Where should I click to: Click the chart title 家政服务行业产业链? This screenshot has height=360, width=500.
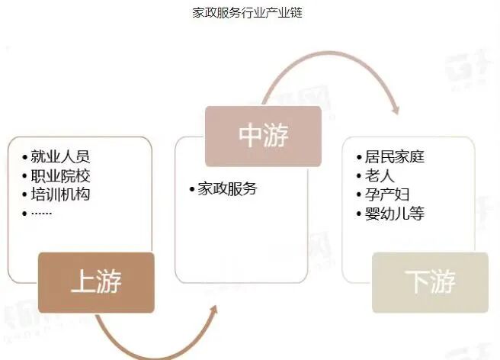click(x=248, y=14)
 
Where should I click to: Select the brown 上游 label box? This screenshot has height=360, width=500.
click(x=96, y=282)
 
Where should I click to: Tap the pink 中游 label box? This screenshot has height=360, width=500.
click(x=263, y=136)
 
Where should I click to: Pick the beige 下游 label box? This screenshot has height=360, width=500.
click(x=431, y=282)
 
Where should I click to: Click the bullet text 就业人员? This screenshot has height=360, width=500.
click(x=60, y=156)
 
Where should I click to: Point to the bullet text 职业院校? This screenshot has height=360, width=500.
click(x=60, y=175)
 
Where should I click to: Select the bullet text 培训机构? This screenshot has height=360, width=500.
click(x=60, y=194)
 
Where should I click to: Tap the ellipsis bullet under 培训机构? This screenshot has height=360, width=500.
click(x=41, y=212)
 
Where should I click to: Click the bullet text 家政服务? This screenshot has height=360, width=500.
click(x=227, y=188)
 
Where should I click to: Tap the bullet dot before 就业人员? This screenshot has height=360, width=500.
click(x=25, y=157)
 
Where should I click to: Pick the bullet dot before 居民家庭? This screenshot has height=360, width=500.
click(x=359, y=157)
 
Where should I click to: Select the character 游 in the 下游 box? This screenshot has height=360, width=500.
click(x=443, y=282)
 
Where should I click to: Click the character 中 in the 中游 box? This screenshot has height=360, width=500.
click(x=251, y=136)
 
